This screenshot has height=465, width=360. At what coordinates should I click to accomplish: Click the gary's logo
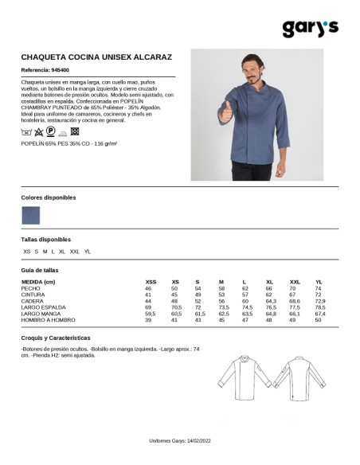[x=311, y=28]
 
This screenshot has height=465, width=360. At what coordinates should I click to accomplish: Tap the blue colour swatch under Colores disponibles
[x=30, y=214]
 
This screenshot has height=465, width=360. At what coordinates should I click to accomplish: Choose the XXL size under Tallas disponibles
[x=75, y=252]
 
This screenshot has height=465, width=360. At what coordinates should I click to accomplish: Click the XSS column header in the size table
[x=151, y=282]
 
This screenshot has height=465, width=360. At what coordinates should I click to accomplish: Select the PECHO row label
[x=31, y=288]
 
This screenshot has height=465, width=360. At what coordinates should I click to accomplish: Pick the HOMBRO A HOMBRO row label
[x=48, y=319]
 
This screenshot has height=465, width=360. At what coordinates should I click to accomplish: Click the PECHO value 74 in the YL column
[x=318, y=288]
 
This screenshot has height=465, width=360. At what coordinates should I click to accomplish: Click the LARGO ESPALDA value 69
[x=148, y=307]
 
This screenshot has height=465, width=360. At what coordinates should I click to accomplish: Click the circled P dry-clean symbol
[x=50, y=130]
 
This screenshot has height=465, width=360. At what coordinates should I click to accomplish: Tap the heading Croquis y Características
[x=56, y=338]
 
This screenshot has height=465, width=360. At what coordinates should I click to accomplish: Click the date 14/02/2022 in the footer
[x=197, y=440]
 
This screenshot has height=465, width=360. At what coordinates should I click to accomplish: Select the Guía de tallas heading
[x=40, y=270]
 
